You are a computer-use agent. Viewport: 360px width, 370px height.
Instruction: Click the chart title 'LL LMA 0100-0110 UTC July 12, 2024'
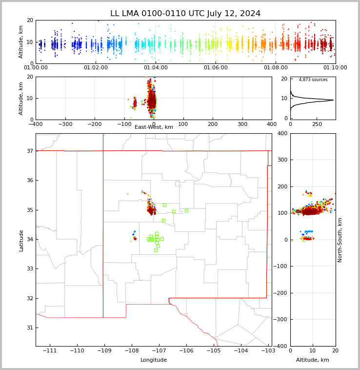[x=185, y=14]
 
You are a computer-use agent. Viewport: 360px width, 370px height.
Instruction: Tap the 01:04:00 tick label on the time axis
[x=155, y=67]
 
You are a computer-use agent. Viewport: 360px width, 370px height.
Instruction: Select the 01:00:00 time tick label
[x=36, y=67]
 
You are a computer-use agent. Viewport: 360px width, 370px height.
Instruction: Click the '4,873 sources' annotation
[x=313, y=80]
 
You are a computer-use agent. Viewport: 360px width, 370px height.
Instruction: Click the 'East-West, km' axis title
[x=154, y=127]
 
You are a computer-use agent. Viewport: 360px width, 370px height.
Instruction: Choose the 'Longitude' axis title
[x=154, y=360]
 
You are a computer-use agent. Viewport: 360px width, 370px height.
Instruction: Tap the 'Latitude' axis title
[x=21, y=240]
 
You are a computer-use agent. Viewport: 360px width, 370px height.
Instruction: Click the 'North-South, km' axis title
[x=340, y=240]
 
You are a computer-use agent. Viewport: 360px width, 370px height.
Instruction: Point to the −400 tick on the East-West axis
[x=36, y=124]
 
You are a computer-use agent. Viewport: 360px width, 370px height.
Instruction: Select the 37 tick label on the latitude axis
[x=30, y=151]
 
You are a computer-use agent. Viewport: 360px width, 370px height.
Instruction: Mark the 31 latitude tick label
[x=30, y=328]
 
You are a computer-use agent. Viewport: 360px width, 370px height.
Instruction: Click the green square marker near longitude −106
[x=186, y=210]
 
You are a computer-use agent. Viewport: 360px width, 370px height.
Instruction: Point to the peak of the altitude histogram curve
[x=334, y=100]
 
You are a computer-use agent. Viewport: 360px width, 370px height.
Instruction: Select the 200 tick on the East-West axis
[x=213, y=124]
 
